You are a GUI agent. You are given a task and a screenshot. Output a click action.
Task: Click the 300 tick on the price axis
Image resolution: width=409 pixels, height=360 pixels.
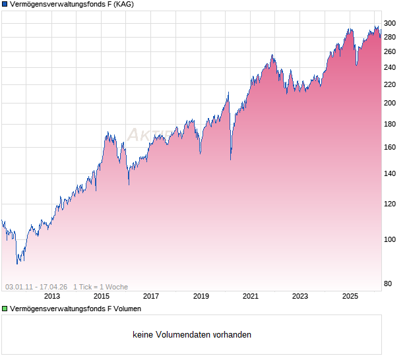pos(390,23)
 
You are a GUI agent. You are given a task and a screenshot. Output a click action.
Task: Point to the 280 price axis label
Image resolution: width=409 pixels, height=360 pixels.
pos(390,37)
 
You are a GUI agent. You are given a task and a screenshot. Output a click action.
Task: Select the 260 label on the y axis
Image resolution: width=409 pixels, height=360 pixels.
pos(390,51)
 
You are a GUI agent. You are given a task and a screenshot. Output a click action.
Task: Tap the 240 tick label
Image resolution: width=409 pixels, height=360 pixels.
pos(390,67)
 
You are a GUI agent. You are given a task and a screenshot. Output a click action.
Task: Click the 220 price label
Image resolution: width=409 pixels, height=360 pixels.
pos(390,84)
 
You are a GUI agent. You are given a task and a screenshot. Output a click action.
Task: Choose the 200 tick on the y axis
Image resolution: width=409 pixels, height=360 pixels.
pos(390,103)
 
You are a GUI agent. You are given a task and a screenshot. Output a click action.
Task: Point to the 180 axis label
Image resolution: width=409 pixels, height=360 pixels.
pos(390,124)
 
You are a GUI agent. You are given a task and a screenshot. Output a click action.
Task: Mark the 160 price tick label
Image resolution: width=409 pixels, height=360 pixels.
pos(390,147)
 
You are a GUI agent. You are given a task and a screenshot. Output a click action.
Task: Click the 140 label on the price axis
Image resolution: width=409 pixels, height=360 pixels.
pos(390,173)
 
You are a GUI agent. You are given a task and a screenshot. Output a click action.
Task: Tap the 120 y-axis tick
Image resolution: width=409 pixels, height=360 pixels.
pos(390,204)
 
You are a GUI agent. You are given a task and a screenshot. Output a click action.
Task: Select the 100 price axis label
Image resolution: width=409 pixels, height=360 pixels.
pos(390,239)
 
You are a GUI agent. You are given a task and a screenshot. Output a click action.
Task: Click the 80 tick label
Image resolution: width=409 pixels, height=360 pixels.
pos(388,284)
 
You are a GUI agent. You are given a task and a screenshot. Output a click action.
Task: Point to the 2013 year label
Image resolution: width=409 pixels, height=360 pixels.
pos(51,296)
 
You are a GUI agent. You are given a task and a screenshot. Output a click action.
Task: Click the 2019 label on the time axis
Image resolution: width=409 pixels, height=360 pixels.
pos(201,296)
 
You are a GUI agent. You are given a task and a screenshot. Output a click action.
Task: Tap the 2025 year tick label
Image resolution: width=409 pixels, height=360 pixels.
pos(350,296)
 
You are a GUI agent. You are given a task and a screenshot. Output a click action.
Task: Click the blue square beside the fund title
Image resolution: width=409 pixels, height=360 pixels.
pos(5,5)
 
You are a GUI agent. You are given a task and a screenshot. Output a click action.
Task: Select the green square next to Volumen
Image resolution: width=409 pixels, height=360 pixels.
pos(5,309)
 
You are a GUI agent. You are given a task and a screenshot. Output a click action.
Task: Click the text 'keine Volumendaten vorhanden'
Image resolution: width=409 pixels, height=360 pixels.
pos(191,335)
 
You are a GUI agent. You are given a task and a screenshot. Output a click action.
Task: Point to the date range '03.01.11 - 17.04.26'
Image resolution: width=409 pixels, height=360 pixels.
pos(36,287)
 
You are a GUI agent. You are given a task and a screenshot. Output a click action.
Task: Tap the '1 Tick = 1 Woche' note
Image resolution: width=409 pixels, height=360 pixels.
pos(100,287)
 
